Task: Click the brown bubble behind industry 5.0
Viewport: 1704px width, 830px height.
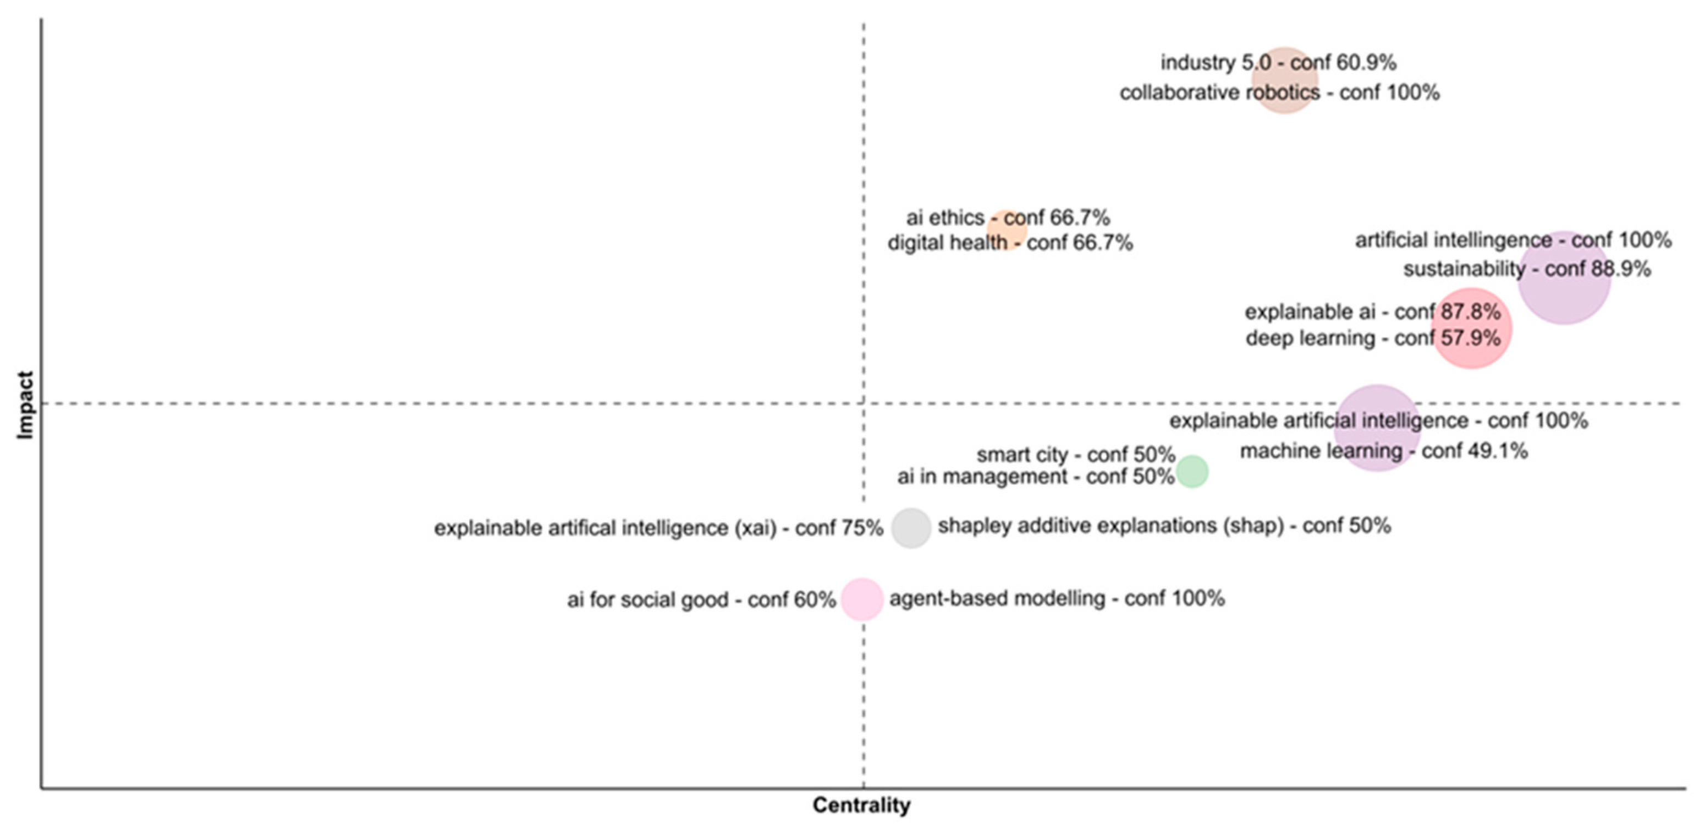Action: (x=1285, y=80)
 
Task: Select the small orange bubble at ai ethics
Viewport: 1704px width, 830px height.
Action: (x=1006, y=230)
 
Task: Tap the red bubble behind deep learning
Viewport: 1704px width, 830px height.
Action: (x=1471, y=327)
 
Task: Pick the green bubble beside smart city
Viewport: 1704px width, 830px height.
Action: (x=1192, y=471)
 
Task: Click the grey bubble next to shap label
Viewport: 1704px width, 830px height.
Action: (x=911, y=527)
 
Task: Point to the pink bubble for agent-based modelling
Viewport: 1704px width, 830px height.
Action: (x=862, y=599)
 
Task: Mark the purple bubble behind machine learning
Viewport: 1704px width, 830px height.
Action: (x=1377, y=428)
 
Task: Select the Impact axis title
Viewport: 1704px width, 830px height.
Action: (x=25, y=405)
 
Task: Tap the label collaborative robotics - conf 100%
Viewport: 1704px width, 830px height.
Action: (x=1279, y=92)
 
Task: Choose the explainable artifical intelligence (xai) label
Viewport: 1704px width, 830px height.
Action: (x=658, y=528)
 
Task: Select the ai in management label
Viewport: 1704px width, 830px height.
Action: (x=1035, y=477)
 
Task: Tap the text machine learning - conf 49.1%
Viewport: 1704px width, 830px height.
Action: (x=1384, y=451)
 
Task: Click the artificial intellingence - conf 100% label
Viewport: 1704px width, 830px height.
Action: (x=1514, y=239)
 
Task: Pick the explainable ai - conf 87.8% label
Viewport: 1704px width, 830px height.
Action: (x=1372, y=312)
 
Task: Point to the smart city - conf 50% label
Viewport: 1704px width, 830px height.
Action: (x=1075, y=455)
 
